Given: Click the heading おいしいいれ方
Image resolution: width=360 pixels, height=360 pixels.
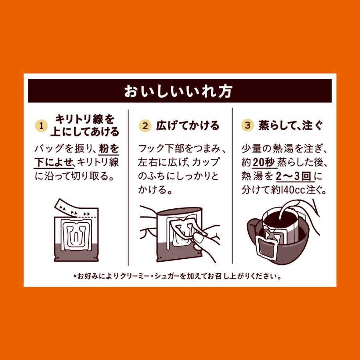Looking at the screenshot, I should tap(180, 91).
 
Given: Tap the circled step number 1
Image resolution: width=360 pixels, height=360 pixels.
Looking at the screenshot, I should tap(40, 126).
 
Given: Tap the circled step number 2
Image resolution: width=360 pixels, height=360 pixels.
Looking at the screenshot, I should tap(145, 126).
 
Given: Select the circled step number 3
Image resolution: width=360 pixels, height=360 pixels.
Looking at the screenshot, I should tap(248, 126).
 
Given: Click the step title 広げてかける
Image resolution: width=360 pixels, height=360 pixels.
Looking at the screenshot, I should tap(186, 126).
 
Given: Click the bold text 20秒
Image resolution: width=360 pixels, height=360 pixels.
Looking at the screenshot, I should tap(262, 163).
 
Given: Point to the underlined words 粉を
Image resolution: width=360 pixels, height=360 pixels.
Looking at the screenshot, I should tap(109, 149).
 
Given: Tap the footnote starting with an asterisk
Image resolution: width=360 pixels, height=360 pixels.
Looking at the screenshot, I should tap(180, 276).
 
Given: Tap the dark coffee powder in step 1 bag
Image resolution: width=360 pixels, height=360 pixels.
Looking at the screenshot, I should tap(76, 252).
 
